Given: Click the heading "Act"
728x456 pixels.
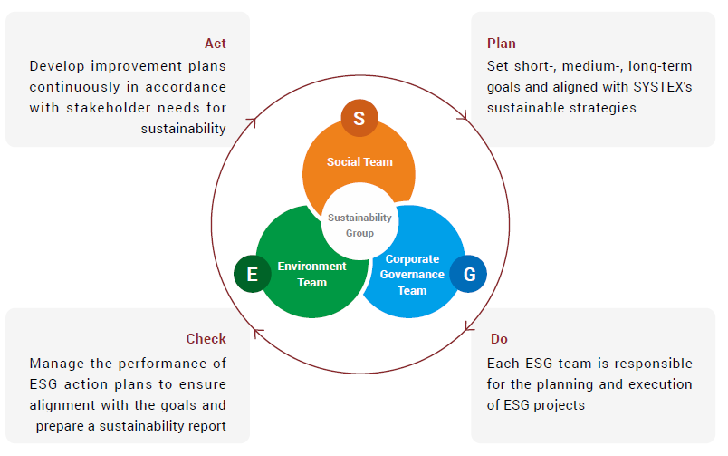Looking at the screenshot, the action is tap(216, 44).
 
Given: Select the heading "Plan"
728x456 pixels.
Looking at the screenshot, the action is tap(502, 44).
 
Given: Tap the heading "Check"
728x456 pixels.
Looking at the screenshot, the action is tap(206, 338).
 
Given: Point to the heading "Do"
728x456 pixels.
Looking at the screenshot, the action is tap(499, 338).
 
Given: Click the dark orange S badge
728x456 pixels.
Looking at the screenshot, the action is tap(359, 118).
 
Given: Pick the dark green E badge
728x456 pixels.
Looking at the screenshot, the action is tap(253, 274).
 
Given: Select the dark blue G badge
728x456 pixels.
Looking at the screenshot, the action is tap(468, 274).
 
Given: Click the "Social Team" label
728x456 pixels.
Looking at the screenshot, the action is tap(359, 161).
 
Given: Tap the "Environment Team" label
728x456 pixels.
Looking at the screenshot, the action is tap(312, 275).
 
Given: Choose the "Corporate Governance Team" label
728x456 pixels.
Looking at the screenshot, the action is tap(412, 275).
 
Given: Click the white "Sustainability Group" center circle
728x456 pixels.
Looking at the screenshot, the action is tap(359, 221).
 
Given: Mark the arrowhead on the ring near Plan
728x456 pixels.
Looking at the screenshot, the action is tap(463, 115).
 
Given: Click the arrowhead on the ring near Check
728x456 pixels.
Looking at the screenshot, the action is tap(258, 333).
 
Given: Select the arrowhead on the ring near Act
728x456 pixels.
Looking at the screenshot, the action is tap(252, 121).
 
